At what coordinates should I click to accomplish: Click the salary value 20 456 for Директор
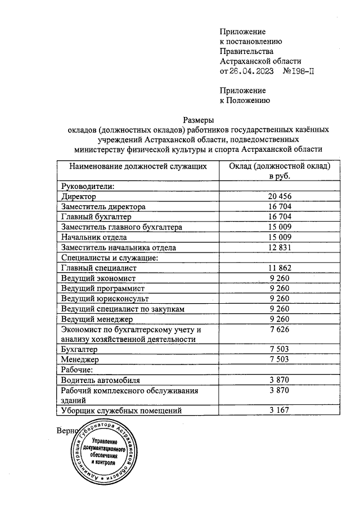pos(279,197)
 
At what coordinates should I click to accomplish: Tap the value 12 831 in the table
pos(279,247)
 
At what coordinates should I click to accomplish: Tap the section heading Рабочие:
pos(76,370)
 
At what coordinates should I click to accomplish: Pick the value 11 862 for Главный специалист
pos(279,268)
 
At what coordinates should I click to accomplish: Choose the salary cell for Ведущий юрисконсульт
pos(279,299)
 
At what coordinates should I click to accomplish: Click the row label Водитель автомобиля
pos(100,380)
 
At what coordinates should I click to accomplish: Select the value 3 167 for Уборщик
pos(279,411)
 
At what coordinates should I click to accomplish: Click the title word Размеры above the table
pos(199,119)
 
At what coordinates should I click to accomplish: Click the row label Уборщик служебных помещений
pos(121,411)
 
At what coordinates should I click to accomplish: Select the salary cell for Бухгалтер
pos(279,349)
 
